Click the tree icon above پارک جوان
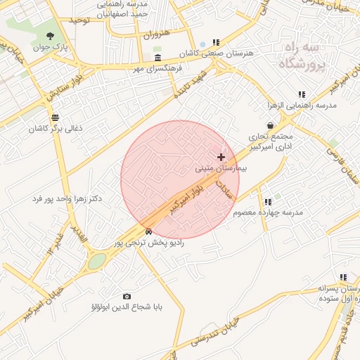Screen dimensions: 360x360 tap(52, 36)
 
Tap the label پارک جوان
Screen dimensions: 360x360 tap(50, 48)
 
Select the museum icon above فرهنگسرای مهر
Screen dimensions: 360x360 tap(156, 58)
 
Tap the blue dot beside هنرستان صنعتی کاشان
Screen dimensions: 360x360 tap(202, 44)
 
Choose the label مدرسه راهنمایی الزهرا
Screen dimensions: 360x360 tap(302, 105)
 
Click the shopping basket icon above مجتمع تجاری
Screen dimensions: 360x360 tap(270, 125)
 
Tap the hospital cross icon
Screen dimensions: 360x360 tap(221, 157)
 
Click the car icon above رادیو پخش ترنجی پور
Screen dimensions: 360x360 tap(148, 231)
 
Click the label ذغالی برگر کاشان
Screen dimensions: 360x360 tap(56, 129)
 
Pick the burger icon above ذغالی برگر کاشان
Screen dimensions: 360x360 tap(56, 117)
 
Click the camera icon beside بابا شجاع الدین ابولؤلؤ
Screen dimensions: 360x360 tap(127, 296)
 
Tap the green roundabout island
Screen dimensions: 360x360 tap(97, 261)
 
